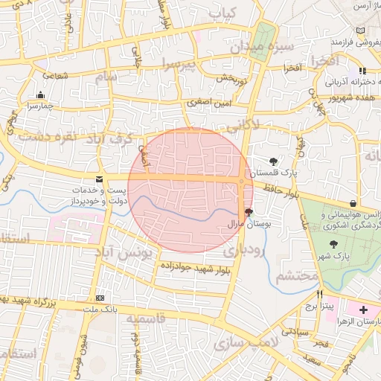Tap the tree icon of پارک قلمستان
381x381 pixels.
[274, 161]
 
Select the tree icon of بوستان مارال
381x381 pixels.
[249, 212]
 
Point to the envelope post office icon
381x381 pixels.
[100, 179]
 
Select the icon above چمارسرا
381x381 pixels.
[39, 95]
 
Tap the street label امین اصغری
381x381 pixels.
[204, 101]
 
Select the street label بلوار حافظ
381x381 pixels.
[280, 190]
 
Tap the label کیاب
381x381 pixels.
[222, 13]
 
